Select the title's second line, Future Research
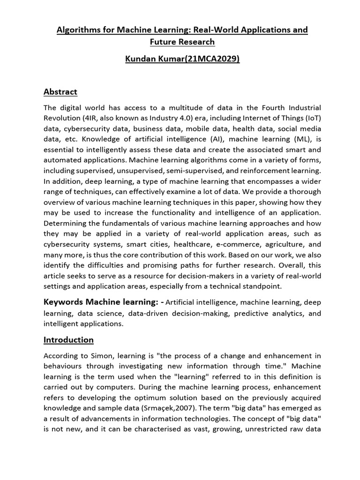(182, 42)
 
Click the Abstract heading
(60, 91)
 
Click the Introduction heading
(68, 340)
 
